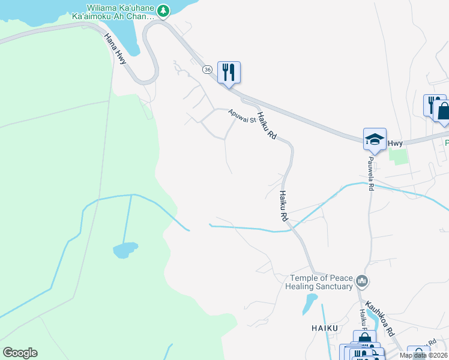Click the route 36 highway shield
tap(207, 70)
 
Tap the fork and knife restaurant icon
tap(229, 73)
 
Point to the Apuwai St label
tap(242, 115)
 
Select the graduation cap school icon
tap(375, 140)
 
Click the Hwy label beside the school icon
tap(394, 143)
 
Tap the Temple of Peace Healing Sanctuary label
tap(321, 282)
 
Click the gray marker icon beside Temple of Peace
tap(361, 281)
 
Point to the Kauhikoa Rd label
tap(380, 321)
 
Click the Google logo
tap(20, 353)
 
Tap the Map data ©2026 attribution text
tap(423, 355)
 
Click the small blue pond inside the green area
tap(125, 250)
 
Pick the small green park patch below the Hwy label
tap(397, 155)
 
